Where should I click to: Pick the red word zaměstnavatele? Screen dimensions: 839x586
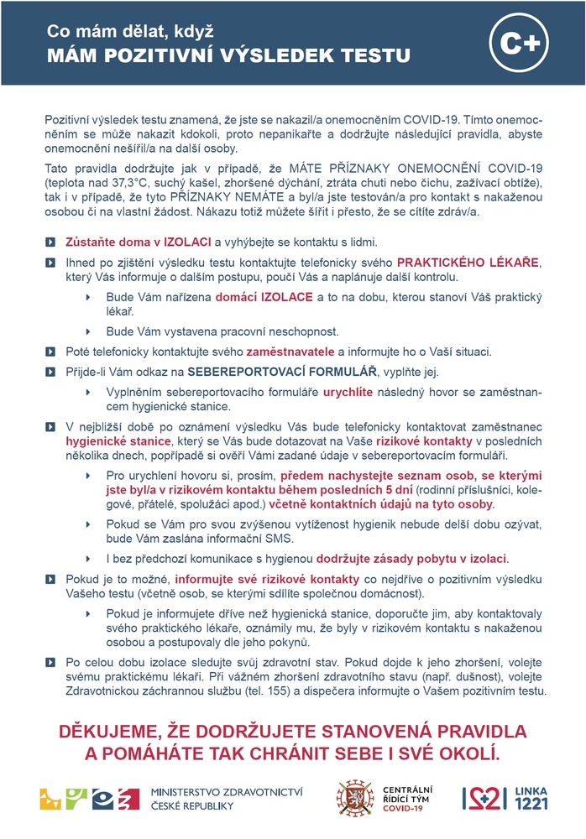click(x=290, y=351)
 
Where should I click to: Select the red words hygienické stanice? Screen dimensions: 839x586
click(x=110, y=440)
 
